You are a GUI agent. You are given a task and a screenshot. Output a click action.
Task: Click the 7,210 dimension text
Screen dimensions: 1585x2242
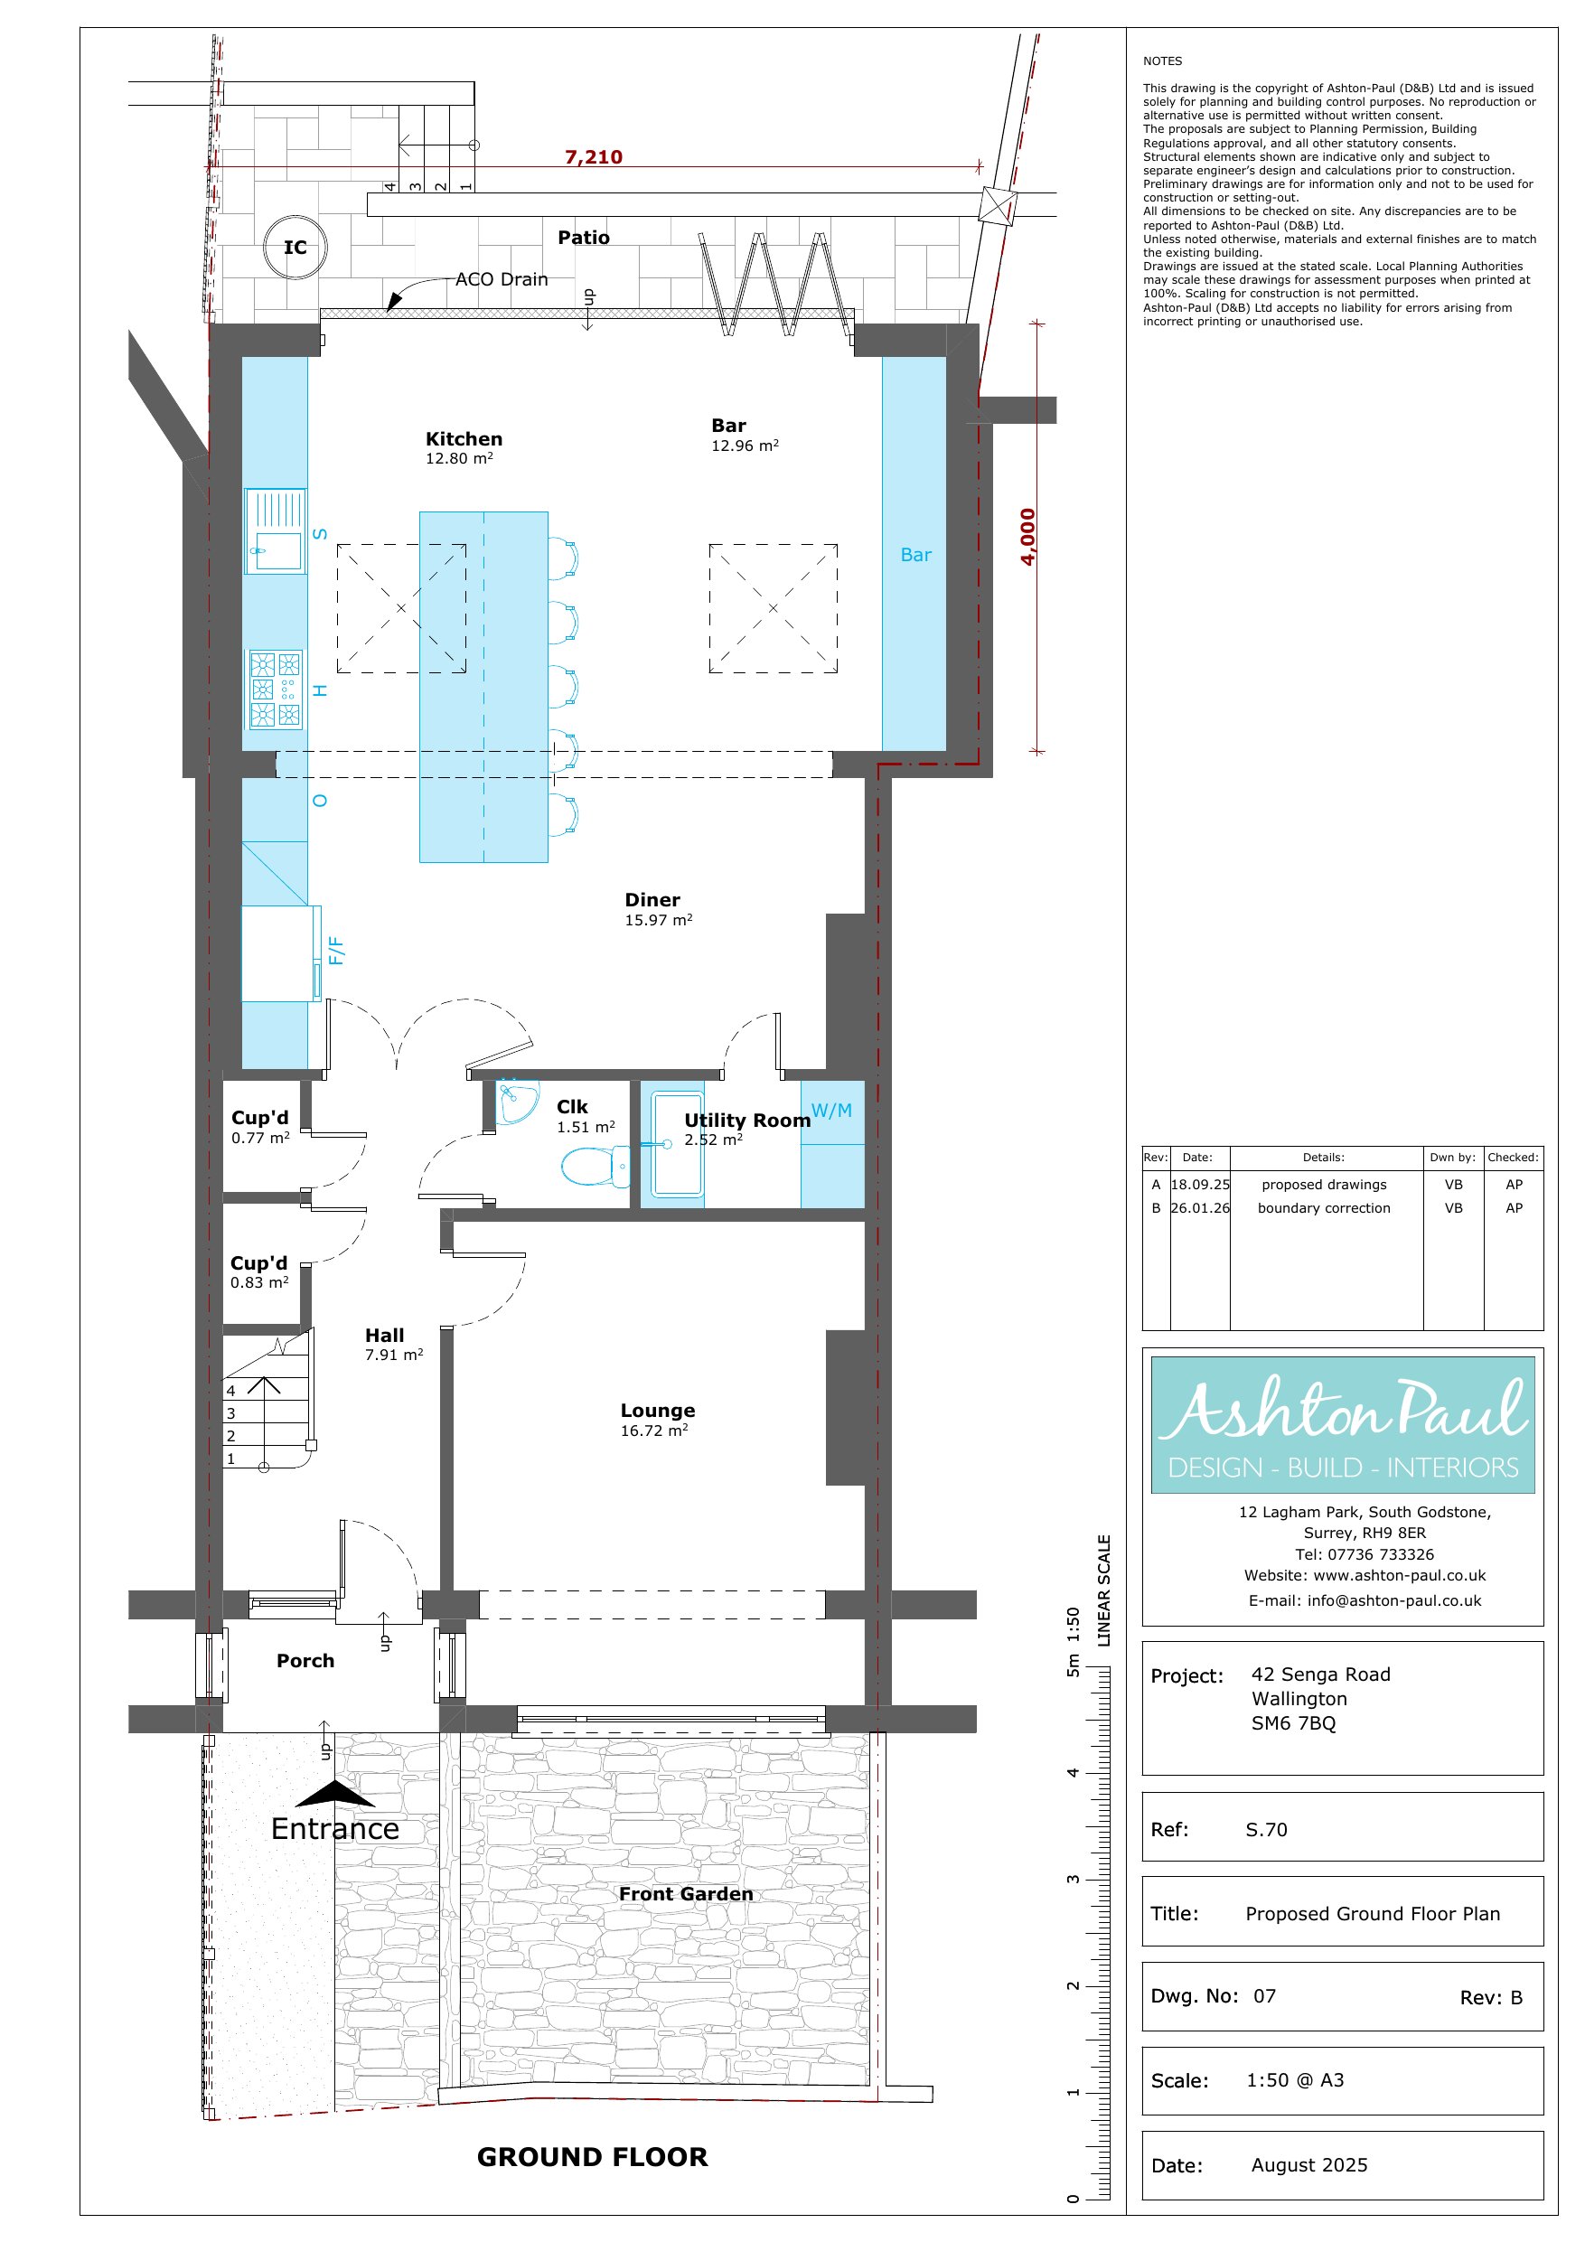593,156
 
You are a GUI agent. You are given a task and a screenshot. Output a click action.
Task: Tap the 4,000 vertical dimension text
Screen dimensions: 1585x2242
1027,536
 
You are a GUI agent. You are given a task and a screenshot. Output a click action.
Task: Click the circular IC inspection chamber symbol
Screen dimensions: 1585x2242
295,247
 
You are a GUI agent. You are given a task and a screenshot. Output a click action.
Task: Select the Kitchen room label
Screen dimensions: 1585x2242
464,438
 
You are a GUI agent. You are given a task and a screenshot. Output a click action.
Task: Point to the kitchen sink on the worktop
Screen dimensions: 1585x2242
276,530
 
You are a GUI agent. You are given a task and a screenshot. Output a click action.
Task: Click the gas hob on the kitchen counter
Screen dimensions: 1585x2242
276,689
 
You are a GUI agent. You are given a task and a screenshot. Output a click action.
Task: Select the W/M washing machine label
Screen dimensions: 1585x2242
831,1111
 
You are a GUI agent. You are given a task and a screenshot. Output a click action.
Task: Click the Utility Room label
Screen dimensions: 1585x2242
747,1120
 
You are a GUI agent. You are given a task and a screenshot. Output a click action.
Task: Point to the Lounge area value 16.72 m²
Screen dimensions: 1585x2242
654,1431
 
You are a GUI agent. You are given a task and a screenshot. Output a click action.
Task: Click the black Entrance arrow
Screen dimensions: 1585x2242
334,1793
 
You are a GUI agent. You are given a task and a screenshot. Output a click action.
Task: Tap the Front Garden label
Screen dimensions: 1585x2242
686,1893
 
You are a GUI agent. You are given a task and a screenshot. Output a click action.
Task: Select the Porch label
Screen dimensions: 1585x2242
305,1660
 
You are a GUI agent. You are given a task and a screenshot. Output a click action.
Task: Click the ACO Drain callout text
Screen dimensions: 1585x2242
501,279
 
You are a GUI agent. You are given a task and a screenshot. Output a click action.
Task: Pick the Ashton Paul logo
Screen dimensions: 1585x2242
1343,1423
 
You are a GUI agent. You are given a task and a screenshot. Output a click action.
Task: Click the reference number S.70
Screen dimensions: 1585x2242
1267,1829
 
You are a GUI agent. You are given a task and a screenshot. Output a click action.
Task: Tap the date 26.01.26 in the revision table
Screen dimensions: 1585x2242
1200,1208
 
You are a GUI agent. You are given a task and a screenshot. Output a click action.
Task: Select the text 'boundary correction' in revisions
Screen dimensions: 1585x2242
1323,1208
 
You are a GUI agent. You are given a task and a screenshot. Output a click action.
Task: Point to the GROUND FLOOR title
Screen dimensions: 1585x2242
592,2156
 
